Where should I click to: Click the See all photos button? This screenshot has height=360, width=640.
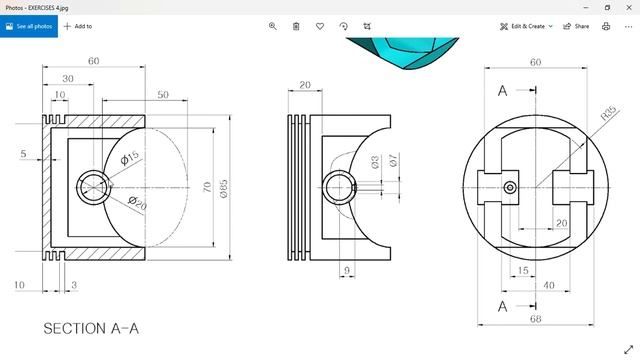[x=28, y=26]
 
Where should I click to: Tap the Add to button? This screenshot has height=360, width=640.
[x=77, y=26]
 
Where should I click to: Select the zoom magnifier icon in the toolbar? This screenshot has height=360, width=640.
[x=273, y=26]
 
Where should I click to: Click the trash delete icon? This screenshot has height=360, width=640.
[x=296, y=26]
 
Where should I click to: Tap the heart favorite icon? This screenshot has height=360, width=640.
[x=320, y=26]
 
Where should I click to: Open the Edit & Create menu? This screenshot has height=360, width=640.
[x=526, y=26]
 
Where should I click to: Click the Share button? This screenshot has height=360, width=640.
[x=576, y=26]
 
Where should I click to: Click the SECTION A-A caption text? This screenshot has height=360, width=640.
[x=91, y=328]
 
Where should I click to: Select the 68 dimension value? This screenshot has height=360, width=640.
[x=535, y=319]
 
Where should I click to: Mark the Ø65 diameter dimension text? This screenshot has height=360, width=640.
[x=225, y=188]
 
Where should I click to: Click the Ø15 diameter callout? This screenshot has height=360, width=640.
[x=130, y=158]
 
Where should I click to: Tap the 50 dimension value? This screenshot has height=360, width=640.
[x=162, y=95]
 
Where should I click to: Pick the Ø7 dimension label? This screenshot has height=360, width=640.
[x=393, y=160]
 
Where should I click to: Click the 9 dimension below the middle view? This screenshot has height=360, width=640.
[x=347, y=270]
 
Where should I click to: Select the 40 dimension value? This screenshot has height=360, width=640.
[x=549, y=285]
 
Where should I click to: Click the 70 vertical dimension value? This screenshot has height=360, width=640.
[x=207, y=187]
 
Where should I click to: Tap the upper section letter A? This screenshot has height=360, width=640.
[x=502, y=91]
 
